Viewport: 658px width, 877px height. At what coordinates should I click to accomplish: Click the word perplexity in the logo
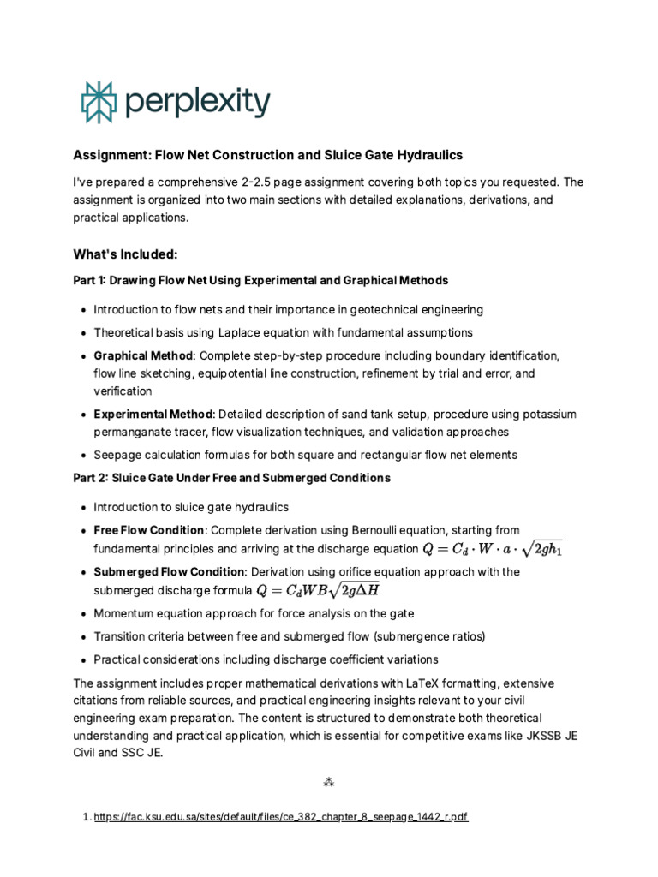pyautogui.click(x=197, y=102)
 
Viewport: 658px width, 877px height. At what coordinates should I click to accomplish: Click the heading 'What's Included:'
pyautogui.click(x=125, y=254)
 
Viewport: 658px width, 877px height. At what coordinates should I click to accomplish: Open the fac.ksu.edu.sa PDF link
pyautogui.click(x=281, y=817)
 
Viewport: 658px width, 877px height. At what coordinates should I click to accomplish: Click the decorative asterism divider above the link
pyautogui.click(x=328, y=782)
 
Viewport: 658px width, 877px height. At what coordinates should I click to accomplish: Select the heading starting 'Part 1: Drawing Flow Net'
pyautogui.click(x=260, y=281)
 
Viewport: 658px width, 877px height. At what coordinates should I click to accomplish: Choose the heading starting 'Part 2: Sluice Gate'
pyautogui.click(x=231, y=478)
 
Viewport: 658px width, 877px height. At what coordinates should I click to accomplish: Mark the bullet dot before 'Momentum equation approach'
pyautogui.click(x=81, y=614)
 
